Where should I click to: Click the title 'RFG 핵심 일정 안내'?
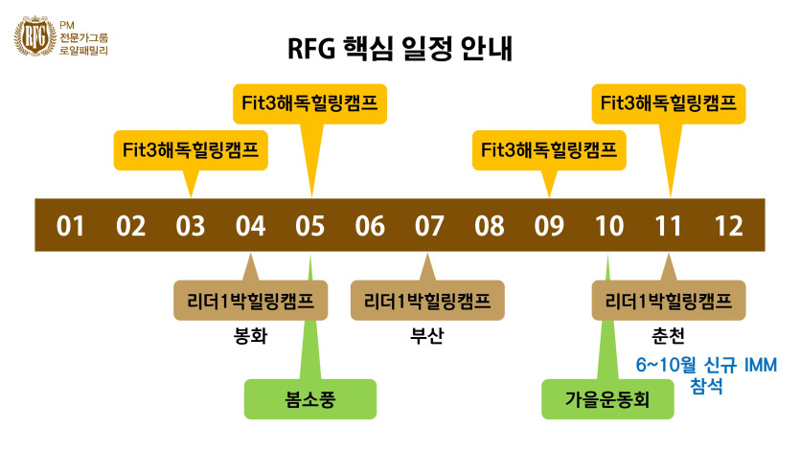[400, 50]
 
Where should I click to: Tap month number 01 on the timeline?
[71, 226]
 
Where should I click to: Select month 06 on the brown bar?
[370, 226]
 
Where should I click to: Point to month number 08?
[490, 226]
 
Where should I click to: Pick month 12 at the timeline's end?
[729, 226]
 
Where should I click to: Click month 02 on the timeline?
[130, 226]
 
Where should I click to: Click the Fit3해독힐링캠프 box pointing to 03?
[191, 150]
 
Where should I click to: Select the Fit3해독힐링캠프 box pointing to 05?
[310, 102]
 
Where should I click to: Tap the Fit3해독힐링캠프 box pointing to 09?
[549, 150]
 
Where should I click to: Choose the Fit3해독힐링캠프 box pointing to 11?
[669, 102]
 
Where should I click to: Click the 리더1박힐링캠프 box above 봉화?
[251, 301]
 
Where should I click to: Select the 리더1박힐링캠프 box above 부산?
[426, 301]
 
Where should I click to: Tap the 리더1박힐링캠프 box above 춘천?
[669, 301]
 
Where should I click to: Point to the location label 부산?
[423, 336]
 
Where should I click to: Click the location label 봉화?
[250, 336]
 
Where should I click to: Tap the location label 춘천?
[667, 336]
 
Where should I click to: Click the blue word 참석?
[705, 387]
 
